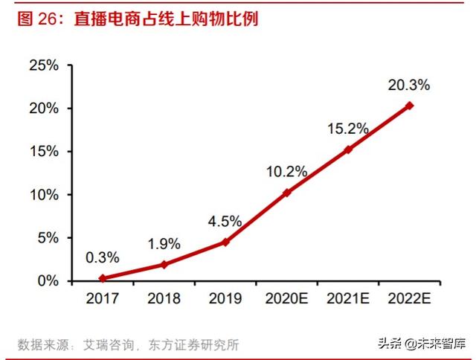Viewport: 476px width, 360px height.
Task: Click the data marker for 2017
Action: (x=103, y=278)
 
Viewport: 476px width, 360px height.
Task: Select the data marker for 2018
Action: (x=164, y=264)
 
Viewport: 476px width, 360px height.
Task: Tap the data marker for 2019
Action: (x=225, y=242)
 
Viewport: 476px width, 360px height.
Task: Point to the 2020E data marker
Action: (x=287, y=193)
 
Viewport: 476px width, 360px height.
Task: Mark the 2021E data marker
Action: (x=348, y=150)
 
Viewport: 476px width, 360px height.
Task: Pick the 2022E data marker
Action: (x=410, y=106)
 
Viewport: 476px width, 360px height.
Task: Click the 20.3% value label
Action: (x=409, y=85)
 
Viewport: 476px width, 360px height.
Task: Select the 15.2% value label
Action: (x=348, y=129)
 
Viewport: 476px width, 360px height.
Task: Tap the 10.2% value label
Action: (x=286, y=172)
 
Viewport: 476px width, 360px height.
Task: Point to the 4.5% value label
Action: (x=225, y=221)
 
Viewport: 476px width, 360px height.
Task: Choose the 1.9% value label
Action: (x=164, y=243)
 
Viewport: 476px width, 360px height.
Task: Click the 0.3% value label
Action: (x=103, y=257)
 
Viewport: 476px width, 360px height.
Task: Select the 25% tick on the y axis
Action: (x=43, y=65)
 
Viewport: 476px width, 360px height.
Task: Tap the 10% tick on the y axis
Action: (x=43, y=195)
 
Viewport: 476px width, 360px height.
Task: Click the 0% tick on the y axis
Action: (x=47, y=281)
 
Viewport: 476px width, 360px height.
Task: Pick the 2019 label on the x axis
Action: (x=225, y=298)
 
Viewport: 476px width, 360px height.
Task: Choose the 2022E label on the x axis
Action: (x=410, y=298)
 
